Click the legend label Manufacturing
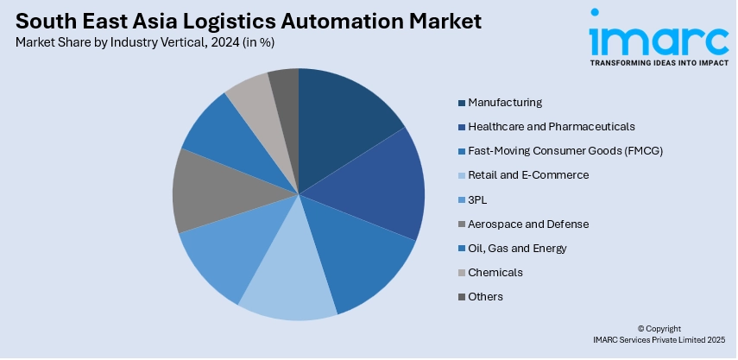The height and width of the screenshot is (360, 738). (x=505, y=102)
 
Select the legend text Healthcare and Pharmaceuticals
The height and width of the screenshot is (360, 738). (x=552, y=127)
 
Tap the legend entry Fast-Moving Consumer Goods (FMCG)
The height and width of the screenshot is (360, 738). (x=565, y=151)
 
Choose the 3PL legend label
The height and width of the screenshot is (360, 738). (x=477, y=199)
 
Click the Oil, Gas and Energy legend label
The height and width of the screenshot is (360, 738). (x=517, y=248)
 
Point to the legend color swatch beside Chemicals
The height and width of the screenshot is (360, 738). (x=462, y=273)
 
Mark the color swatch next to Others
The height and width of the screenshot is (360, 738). (x=462, y=297)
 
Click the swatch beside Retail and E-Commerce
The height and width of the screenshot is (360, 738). (x=462, y=175)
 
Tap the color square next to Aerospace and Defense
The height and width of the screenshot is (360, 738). (x=462, y=224)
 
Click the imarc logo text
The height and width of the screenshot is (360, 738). (x=659, y=37)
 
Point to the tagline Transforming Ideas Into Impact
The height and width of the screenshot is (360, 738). (x=659, y=63)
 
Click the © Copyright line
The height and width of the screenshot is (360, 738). (x=659, y=329)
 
